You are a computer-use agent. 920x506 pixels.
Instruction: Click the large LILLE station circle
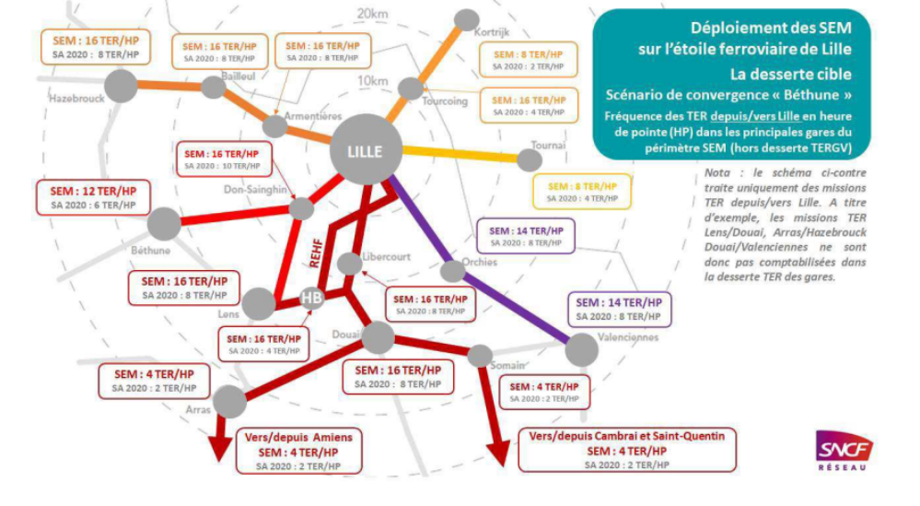tap(366, 148)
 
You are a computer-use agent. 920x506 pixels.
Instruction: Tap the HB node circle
tap(312, 297)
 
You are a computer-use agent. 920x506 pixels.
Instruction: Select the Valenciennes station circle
tap(581, 349)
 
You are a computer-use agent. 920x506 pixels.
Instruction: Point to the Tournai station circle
tap(529, 159)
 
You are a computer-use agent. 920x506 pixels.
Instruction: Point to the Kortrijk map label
tap(491, 31)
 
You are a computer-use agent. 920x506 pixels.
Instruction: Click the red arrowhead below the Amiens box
tap(220, 447)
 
